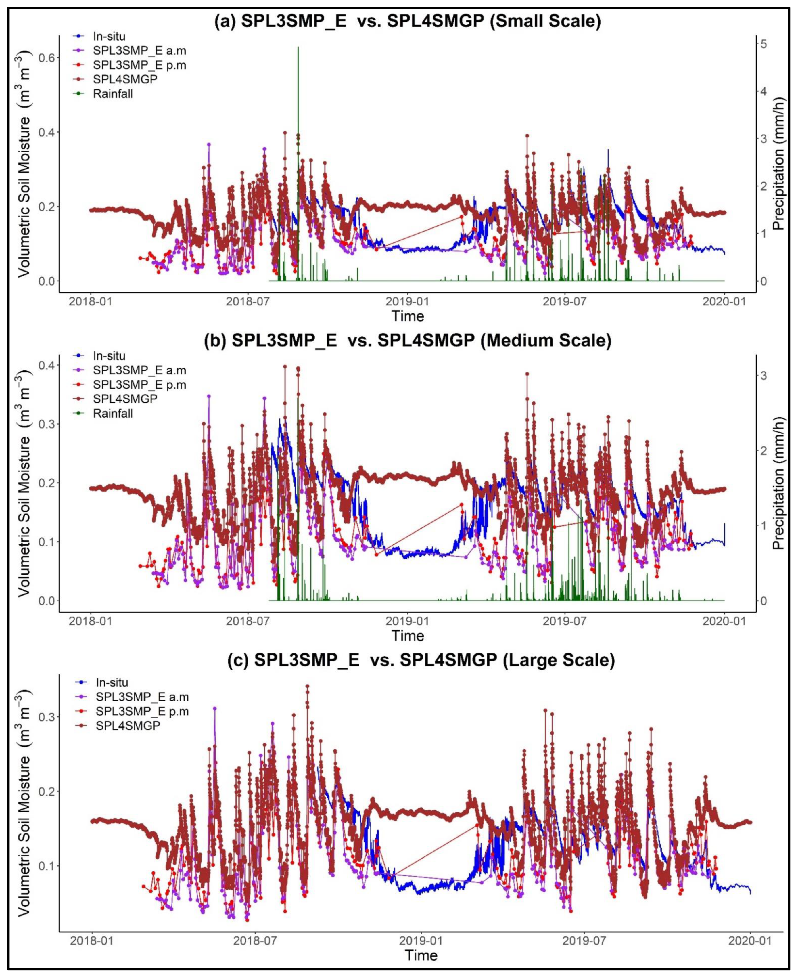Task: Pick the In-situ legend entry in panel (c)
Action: point(112,682)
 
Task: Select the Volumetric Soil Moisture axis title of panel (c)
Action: point(24,803)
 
